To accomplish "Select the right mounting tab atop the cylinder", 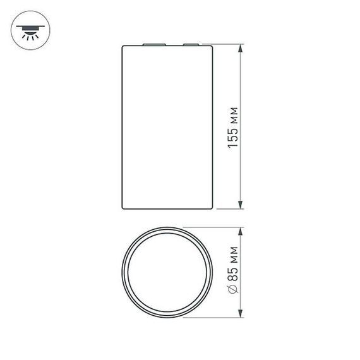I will pos(191,45).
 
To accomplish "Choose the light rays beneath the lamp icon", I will pos(28,37).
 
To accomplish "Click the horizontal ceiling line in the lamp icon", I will pos(28,27).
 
